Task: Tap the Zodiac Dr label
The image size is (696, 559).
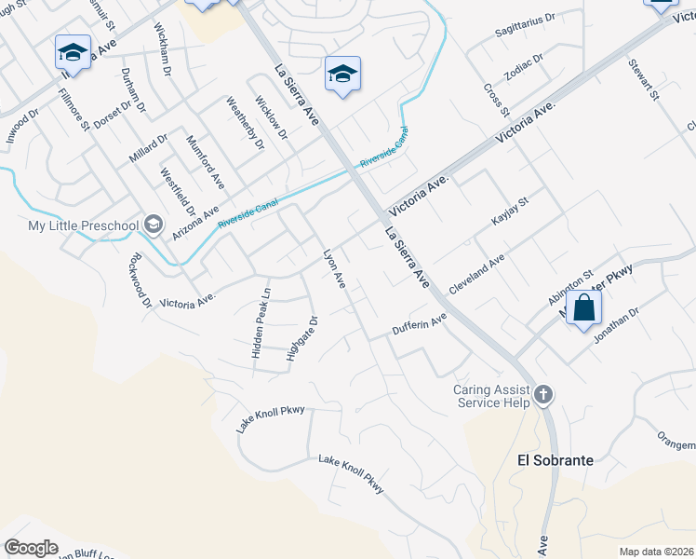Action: tap(524, 67)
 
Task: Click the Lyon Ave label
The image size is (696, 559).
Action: tap(334, 268)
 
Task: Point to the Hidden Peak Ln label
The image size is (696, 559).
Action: tap(260, 323)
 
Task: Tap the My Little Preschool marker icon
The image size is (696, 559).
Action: tap(154, 225)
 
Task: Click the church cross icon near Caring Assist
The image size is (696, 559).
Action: tap(543, 396)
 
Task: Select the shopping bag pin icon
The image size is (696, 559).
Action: tap(583, 308)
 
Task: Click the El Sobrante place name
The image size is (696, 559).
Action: tap(555, 460)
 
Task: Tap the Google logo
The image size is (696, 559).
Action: tap(31, 548)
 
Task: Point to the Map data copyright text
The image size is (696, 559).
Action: tap(656, 552)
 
